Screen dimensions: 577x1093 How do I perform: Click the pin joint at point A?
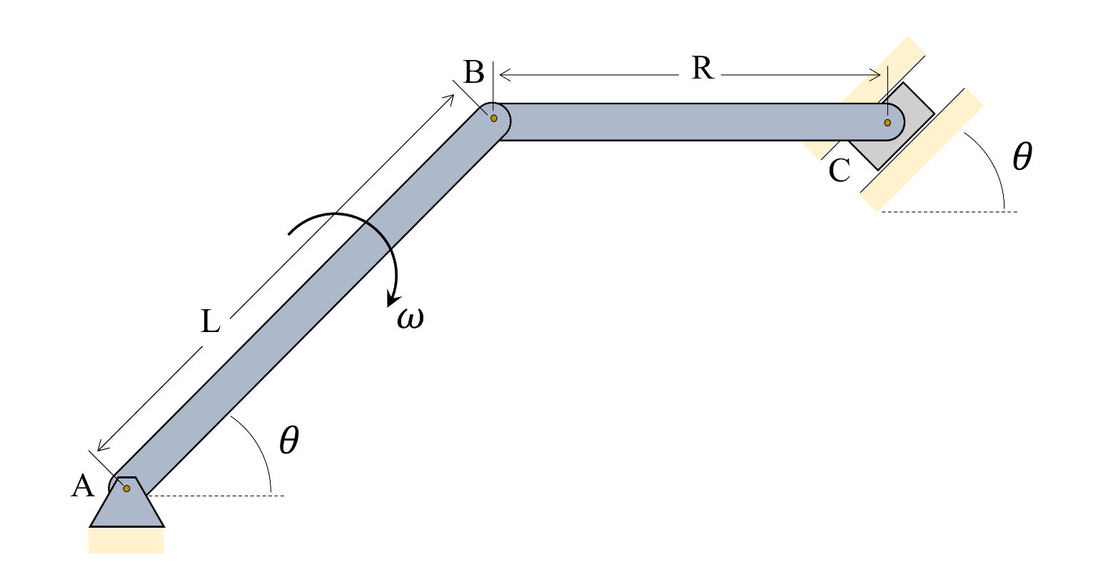[126, 488]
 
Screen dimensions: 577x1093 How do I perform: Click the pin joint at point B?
[493, 118]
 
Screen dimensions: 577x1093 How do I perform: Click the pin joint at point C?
[887, 123]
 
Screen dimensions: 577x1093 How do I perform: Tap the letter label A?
[83, 487]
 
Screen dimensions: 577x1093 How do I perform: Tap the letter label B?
[473, 72]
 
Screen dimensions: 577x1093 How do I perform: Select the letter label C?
[840, 171]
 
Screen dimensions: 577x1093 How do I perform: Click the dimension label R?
[702, 69]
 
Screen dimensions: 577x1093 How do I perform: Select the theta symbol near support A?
[288, 441]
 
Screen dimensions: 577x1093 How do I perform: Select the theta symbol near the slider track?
[1022, 158]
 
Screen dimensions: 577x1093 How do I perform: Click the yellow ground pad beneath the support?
[126, 541]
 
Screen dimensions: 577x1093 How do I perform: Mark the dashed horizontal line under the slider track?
[950, 211]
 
